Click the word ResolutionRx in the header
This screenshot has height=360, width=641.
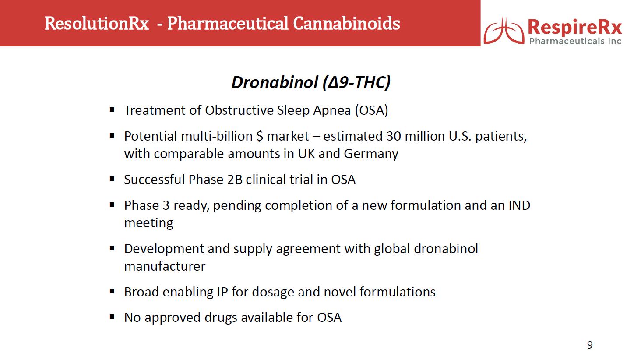coord(97,24)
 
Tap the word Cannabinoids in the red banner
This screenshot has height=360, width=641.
coord(346,23)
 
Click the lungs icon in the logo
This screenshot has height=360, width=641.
coord(504,31)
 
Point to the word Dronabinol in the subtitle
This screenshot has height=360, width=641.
coord(275,82)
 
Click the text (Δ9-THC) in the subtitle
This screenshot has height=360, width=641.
coord(356,83)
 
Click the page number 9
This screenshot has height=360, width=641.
coord(590,345)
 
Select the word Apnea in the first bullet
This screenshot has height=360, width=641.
coord(332,111)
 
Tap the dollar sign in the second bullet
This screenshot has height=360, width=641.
coord(260,136)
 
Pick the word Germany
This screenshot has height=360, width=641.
coord(371,154)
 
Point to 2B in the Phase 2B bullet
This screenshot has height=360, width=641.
coord(235,180)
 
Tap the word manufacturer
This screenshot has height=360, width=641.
coord(165,266)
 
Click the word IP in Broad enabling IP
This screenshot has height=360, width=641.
coord(222,292)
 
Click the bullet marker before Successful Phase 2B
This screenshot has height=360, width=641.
coord(112,179)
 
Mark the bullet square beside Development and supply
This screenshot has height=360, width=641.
coord(112,248)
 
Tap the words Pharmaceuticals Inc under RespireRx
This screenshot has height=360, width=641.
coord(575,41)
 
